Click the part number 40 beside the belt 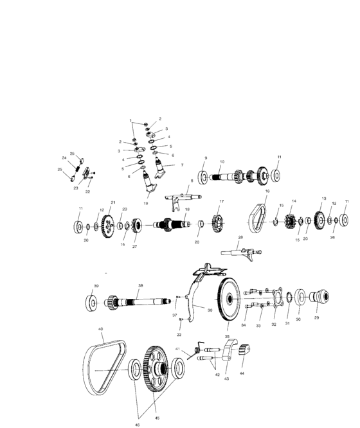[100, 329]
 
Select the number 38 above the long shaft [140, 285]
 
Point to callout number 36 [210, 309]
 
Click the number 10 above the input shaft [222, 162]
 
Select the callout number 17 [221, 202]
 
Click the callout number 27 [135, 246]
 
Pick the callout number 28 [240, 237]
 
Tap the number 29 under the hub [316, 317]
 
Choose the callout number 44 [242, 372]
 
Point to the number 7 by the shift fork [182, 165]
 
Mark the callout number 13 [323, 199]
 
